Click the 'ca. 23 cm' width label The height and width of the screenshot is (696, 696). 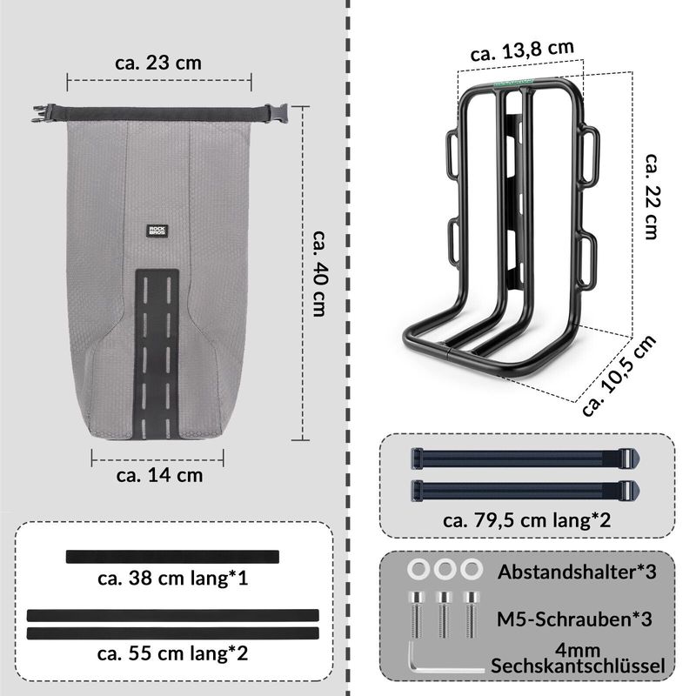tap(158, 63)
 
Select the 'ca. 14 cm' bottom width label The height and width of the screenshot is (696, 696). tap(159, 475)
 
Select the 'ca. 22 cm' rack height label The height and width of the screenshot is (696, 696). tap(652, 196)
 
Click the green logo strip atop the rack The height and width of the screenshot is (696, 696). tap(512, 85)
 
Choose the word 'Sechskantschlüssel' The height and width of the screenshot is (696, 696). tap(578, 666)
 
